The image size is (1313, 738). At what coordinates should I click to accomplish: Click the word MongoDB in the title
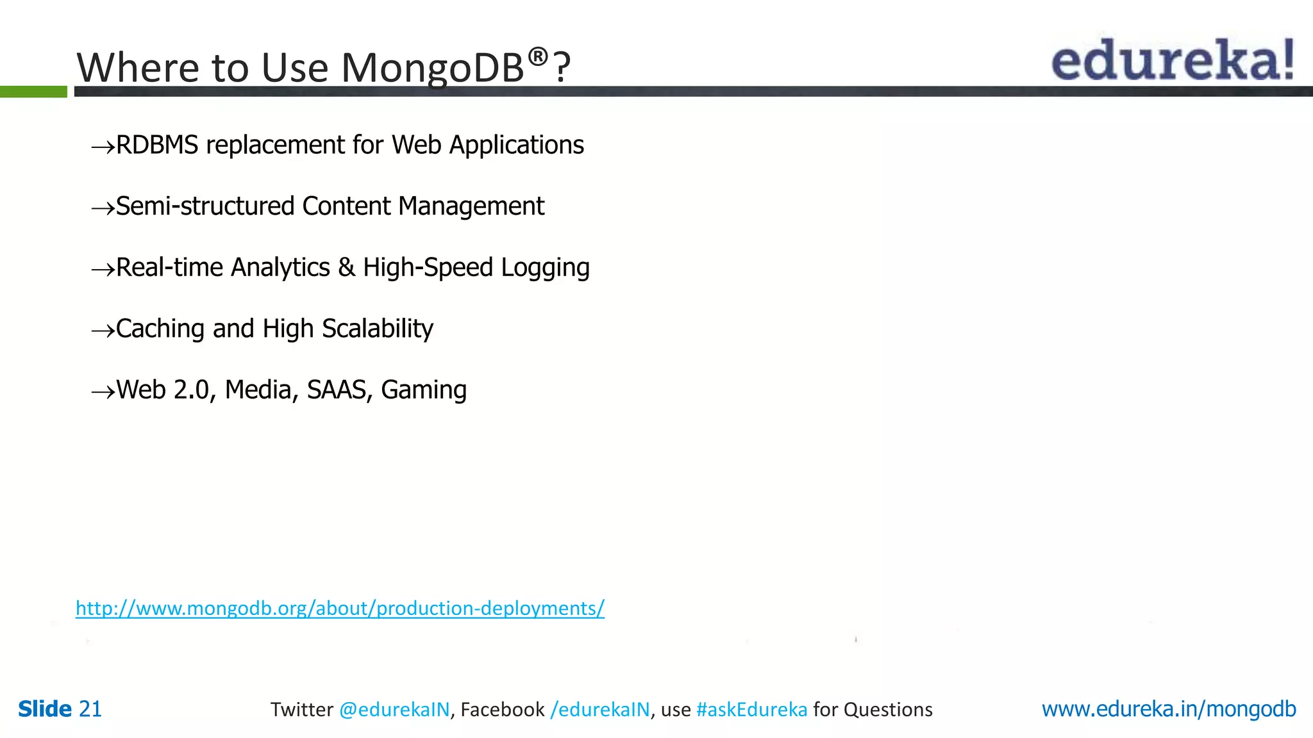[x=433, y=68]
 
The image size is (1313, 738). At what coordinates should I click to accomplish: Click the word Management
[x=471, y=206]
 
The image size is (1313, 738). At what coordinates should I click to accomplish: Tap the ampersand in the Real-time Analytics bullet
[x=346, y=268]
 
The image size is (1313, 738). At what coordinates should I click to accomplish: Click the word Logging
[x=545, y=268]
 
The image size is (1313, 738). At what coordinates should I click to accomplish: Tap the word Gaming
[x=424, y=390]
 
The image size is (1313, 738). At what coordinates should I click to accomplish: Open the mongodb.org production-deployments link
[x=340, y=608]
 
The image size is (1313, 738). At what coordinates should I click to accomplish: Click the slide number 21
[x=90, y=709]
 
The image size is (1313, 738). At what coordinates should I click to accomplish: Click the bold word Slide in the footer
[x=45, y=709]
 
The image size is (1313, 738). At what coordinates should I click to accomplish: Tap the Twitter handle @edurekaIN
[x=394, y=710]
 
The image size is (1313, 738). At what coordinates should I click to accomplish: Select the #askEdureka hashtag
[x=751, y=710]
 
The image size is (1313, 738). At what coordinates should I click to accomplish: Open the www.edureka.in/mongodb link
[x=1168, y=709]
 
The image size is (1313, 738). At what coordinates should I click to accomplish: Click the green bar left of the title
[x=33, y=92]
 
